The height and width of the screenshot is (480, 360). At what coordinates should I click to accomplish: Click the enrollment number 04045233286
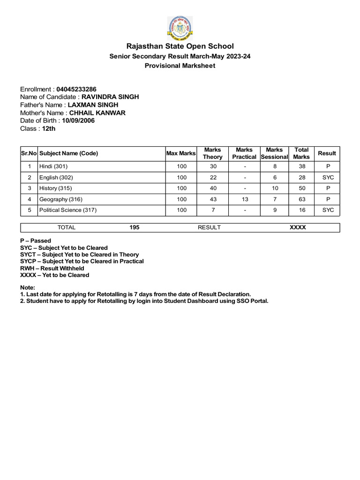tap(77, 89)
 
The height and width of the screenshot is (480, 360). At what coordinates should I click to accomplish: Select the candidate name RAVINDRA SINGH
tap(110, 97)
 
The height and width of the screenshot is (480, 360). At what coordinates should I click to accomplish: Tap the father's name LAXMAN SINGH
tap(93, 105)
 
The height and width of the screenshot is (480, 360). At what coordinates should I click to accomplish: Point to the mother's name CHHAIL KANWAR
tap(97, 113)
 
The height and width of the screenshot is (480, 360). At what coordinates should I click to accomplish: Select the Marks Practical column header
tap(244, 153)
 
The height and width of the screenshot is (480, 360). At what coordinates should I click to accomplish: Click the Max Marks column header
tap(181, 153)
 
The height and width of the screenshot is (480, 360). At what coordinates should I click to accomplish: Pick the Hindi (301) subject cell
tap(54, 166)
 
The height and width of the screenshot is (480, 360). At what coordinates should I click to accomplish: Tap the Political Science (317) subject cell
tap(68, 210)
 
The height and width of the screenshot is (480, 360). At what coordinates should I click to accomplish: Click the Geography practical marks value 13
tap(244, 199)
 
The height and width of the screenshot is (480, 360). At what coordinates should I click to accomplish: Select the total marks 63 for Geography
tap(301, 199)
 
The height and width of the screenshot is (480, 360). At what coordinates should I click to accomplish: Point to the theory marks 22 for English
tap(212, 178)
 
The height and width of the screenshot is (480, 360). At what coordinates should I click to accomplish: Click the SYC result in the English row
tap(328, 178)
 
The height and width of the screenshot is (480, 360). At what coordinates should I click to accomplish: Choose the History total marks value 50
tap(301, 188)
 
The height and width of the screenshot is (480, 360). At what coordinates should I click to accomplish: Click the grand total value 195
tap(135, 227)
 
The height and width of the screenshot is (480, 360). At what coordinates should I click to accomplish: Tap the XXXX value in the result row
tap(298, 227)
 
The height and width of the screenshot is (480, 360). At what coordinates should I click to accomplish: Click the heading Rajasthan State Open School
tap(180, 46)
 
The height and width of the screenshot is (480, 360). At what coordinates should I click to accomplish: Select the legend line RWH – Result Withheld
tap(52, 268)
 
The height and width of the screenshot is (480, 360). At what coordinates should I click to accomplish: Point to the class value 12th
tap(49, 128)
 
